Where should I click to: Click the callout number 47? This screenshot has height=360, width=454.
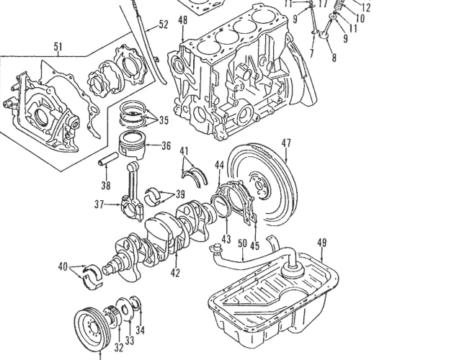pyautogui.click(x=286, y=143)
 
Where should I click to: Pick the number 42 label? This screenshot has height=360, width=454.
pyautogui.click(x=174, y=274)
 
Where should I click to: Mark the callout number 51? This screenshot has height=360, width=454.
pyautogui.click(x=58, y=48)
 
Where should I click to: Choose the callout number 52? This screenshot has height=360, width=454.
pyautogui.click(x=164, y=24)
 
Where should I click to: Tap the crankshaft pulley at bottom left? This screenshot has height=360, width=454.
pyautogui.click(x=93, y=328)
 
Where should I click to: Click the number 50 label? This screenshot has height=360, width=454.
pyautogui.click(x=242, y=244)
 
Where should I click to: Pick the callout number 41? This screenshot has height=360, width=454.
pyautogui.click(x=185, y=150)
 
